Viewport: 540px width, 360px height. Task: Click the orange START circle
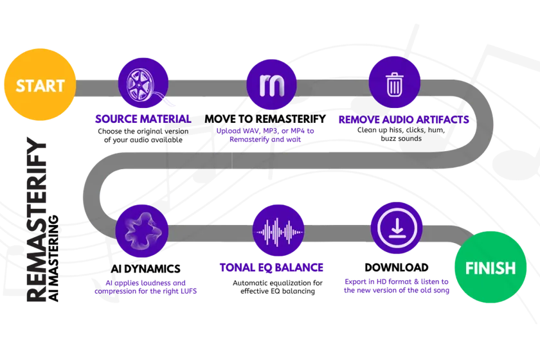pyautogui.click(x=40, y=85)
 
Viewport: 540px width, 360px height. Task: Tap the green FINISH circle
pyautogui.click(x=491, y=267)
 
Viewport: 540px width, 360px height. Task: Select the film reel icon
pyautogui.click(x=143, y=84)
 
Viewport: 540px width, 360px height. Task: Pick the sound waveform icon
pyautogui.click(x=278, y=231)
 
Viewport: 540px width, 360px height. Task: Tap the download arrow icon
pyautogui.click(x=397, y=228)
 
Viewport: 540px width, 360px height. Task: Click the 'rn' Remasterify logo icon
pyautogui.click(x=272, y=85)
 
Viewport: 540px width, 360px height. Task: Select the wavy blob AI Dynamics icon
pyautogui.click(x=142, y=231)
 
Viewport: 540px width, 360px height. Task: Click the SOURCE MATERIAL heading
pyautogui.click(x=143, y=119)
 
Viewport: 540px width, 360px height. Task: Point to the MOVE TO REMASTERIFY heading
pyautogui.click(x=265, y=119)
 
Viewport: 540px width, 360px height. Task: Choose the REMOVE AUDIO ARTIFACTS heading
pyautogui.click(x=404, y=120)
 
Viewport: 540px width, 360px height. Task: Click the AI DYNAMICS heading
pyautogui.click(x=146, y=269)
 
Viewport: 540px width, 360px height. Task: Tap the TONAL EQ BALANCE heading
pyautogui.click(x=271, y=267)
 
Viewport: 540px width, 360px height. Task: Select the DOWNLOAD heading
pyautogui.click(x=397, y=267)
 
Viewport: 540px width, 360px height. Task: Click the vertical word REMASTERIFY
pyautogui.click(x=36, y=220)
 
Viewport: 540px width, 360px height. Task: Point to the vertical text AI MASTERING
pyautogui.click(x=53, y=258)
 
